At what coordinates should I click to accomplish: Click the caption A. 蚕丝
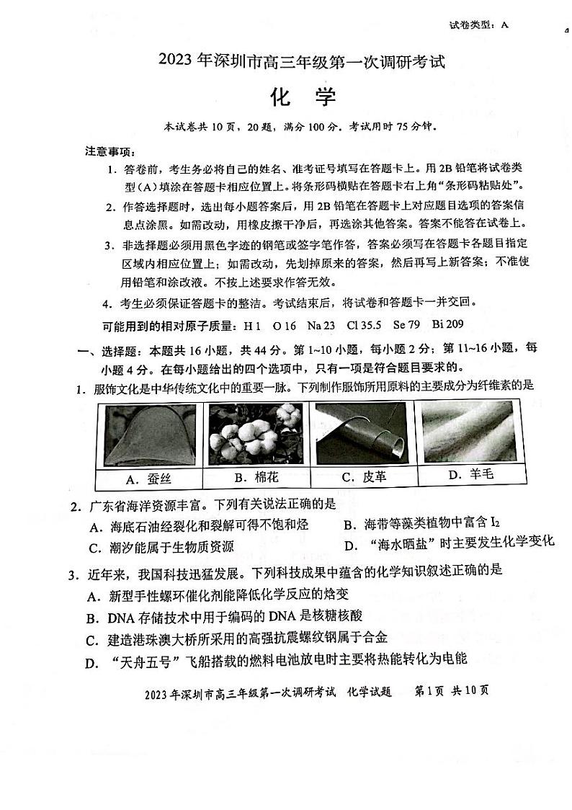[x=148, y=479]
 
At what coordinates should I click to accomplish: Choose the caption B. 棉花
[x=256, y=477]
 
